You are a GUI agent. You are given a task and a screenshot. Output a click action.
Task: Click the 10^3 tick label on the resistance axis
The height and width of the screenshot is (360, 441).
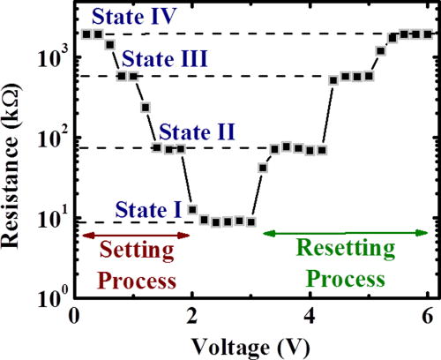pos(53,57)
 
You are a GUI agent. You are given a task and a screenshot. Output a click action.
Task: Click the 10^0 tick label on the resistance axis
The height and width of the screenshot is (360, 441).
pos(53,300)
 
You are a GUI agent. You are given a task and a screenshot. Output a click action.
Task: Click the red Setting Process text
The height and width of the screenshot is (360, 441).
pos(135,266)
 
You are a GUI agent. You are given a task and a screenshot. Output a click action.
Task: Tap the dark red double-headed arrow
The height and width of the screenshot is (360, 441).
pos(135,235)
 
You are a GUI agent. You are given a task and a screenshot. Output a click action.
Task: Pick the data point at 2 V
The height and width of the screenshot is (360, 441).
pos(192,209)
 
